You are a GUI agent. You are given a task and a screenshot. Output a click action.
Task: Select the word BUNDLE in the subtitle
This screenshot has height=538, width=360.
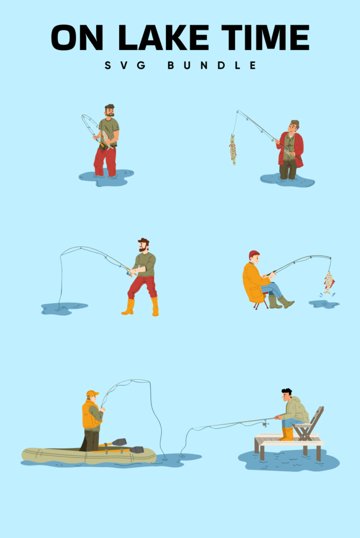[212, 66]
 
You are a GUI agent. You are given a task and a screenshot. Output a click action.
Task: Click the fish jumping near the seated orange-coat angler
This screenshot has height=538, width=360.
[328, 282]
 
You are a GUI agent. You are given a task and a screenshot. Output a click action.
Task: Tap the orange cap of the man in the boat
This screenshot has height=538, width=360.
[92, 393]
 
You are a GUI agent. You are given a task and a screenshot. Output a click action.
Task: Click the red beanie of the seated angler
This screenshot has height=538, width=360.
[254, 254]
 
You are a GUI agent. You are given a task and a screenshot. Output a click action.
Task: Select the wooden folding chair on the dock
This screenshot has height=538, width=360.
[310, 423]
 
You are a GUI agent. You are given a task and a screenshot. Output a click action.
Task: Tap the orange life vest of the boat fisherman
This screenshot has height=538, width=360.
[90, 416]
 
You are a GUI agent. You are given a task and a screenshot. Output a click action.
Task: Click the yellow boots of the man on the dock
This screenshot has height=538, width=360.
[286, 434]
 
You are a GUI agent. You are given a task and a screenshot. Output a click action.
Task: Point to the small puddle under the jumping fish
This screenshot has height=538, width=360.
[323, 304]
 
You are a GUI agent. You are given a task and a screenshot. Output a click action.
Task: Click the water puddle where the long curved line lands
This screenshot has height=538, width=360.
[64, 308]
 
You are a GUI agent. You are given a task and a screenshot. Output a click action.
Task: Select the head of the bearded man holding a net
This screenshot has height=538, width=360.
[109, 110]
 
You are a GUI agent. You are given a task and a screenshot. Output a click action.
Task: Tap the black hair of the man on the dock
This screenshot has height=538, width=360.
[286, 391]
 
